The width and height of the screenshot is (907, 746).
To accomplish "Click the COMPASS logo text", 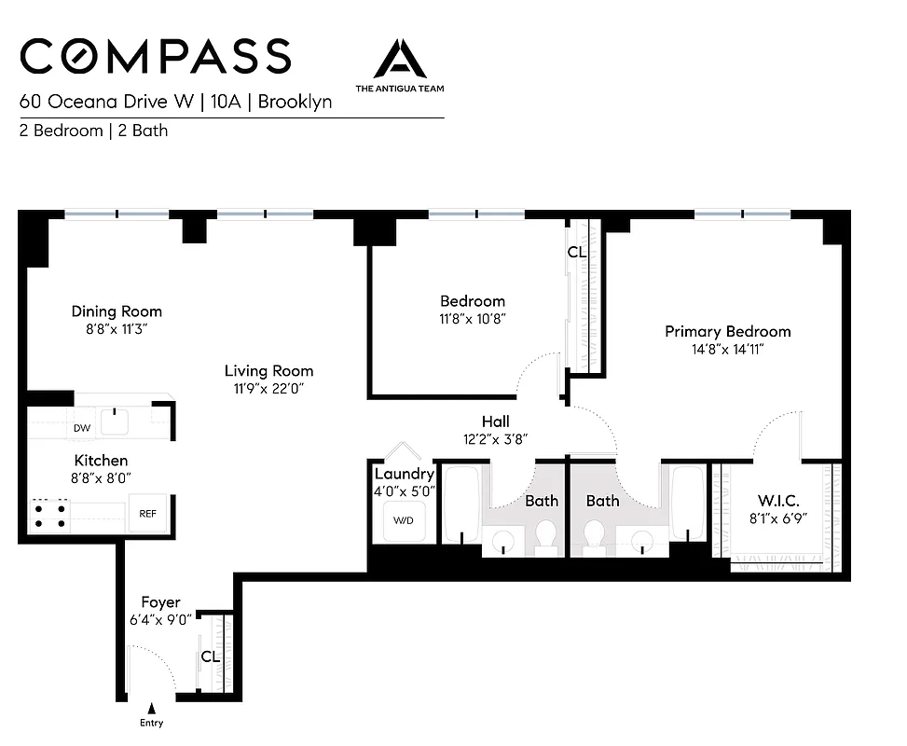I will point(155,57).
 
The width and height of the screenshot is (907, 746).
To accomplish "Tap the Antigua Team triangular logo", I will point(400,60).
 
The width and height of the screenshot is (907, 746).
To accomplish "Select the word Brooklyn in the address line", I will point(295,102).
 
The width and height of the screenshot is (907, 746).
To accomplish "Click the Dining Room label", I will point(117,311).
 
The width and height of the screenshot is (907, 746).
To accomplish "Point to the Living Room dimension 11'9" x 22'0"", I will point(268,388).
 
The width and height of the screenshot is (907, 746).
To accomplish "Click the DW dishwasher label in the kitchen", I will point(82,429).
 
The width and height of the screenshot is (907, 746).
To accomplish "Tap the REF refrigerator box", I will point(148,513).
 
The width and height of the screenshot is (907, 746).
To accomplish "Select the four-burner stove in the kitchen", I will point(50,514).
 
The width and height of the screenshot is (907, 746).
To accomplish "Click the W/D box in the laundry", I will point(404,520).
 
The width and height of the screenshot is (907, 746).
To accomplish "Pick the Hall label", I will point(495,421).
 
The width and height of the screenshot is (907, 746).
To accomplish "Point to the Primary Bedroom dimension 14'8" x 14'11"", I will point(727,349).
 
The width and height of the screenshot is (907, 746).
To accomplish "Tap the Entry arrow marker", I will point(151,709).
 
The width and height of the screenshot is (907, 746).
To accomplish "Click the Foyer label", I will point(160,602).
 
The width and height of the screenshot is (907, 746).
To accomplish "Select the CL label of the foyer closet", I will point(210,656).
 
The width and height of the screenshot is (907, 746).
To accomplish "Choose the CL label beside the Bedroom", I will point(576,252).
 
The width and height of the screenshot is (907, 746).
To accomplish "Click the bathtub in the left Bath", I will point(460,504).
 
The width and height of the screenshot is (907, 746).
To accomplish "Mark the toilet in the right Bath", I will point(593,534).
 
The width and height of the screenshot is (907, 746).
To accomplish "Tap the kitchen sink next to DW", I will point(115,422).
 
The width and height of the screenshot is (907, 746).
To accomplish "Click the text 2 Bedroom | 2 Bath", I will point(93,131).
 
